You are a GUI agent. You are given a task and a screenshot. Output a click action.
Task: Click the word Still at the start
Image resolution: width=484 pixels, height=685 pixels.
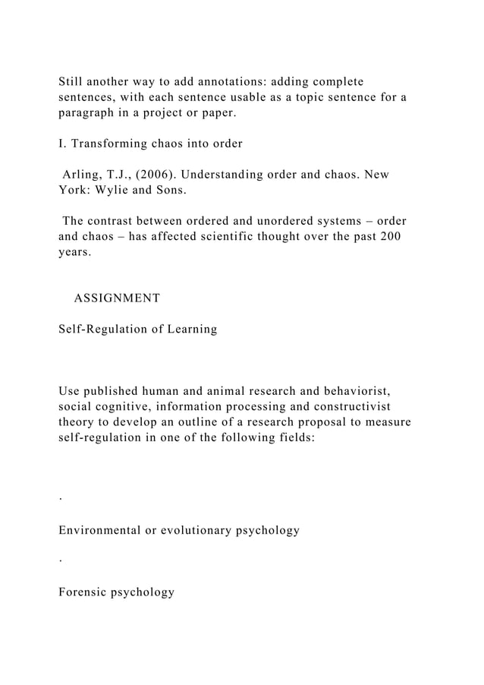tap(72, 81)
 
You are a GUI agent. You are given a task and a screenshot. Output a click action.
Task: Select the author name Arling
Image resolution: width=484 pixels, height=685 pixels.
tap(82, 175)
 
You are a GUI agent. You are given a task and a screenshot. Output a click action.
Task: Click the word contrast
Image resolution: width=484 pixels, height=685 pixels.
tap(116, 221)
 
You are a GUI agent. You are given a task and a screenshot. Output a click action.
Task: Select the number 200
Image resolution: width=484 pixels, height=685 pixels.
tap(390, 237)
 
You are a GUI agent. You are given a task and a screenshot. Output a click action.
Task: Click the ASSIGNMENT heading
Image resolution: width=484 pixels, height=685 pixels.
tap(117, 298)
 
